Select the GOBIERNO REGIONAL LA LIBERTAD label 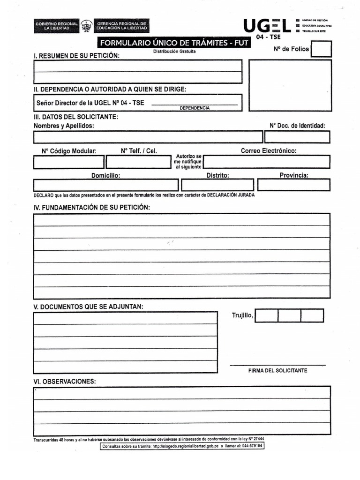[x=56, y=26]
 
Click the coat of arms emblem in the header [x=87, y=26]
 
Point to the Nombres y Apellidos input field [x=148, y=137]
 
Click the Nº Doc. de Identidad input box [x=297, y=137]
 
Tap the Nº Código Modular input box [x=68, y=162]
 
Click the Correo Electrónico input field [x=267, y=162]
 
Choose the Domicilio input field [x=106, y=185]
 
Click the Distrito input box [x=217, y=185]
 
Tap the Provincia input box [x=293, y=185]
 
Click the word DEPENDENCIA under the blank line [x=195, y=108]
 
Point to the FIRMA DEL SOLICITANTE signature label [x=277, y=370]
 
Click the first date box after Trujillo [x=266, y=315]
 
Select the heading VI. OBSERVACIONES [x=65, y=381]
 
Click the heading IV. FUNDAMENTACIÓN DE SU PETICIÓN [x=91, y=207]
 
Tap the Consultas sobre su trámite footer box [x=182, y=446]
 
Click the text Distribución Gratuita [x=174, y=52]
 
